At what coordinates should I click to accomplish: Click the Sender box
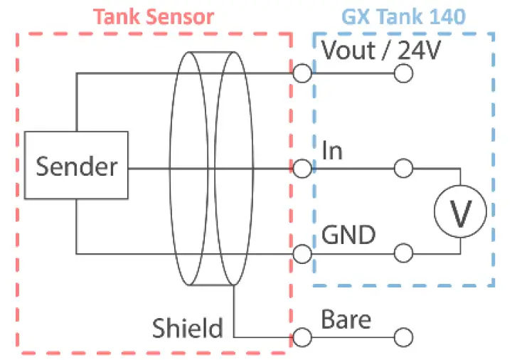(x=76, y=166)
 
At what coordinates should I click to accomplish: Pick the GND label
(x=348, y=234)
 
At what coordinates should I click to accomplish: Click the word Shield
(x=187, y=328)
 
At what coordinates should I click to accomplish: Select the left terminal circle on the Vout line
(x=302, y=73)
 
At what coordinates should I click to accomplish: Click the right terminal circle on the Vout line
(x=403, y=73)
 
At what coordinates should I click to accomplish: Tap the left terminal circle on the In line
(x=302, y=169)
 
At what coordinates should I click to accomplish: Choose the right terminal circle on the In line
(x=403, y=169)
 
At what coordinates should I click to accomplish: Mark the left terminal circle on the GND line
(x=302, y=253)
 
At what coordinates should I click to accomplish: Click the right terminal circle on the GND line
(x=403, y=253)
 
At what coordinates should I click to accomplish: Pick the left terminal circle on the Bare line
(x=302, y=337)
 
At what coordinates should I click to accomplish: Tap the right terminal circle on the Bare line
(x=403, y=337)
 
